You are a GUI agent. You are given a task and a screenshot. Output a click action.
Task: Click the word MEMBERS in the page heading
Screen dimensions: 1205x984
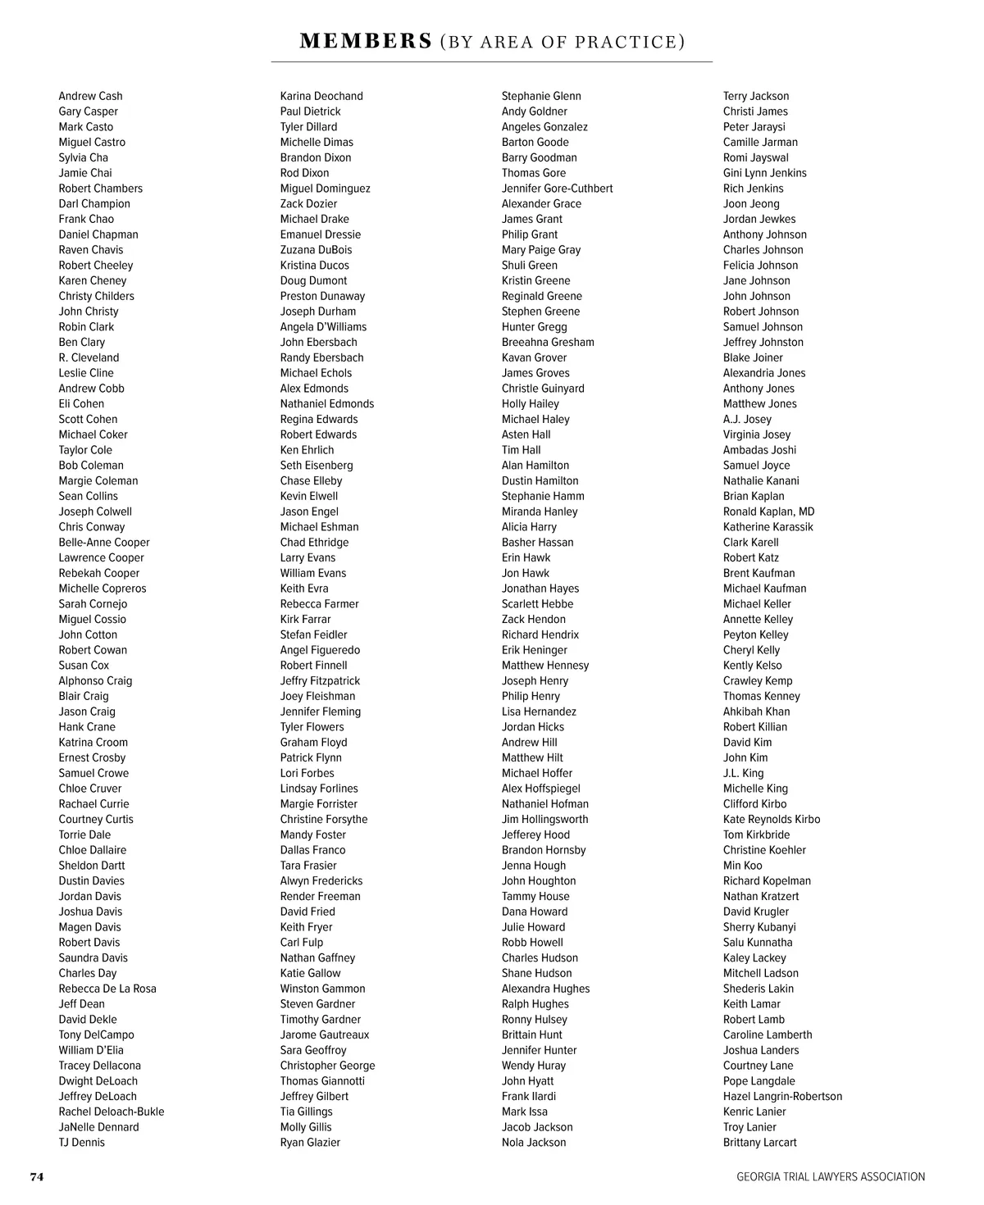[x=366, y=41]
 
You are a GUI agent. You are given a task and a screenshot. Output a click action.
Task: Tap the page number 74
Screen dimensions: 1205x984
[x=37, y=1176]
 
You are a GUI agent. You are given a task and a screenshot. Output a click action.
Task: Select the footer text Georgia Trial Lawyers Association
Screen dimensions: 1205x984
[x=830, y=1176]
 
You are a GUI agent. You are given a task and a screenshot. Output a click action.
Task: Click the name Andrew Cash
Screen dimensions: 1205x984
[x=90, y=96]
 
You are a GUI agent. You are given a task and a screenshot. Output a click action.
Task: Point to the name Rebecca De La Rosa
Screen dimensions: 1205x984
[x=107, y=989]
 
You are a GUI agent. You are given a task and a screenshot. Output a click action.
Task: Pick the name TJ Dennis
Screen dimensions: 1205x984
[x=81, y=1142]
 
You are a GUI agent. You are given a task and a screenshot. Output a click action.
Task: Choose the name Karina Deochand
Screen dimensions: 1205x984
[x=321, y=96]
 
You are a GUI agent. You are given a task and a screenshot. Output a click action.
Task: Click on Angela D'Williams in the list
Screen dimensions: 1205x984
[x=323, y=326]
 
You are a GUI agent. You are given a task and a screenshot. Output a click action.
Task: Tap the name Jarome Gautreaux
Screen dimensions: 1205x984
[x=325, y=1034]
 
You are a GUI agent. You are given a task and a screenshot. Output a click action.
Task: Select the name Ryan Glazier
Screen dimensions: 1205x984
[x=310, y=1142]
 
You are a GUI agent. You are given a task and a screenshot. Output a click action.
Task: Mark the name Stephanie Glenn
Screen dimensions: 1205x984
[x=541, y=96]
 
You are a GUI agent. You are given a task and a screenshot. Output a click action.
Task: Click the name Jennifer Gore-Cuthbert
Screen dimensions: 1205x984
[x=557, y=188]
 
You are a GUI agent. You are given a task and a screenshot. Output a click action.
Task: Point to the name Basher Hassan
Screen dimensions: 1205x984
[x=537, y=542]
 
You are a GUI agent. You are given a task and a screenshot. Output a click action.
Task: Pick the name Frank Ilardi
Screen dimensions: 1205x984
[x=528, y=1096]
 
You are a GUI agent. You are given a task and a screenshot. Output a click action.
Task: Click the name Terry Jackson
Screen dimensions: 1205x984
[x=756, y=96]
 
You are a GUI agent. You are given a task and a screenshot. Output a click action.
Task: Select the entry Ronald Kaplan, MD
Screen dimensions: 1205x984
[x=768, y=512]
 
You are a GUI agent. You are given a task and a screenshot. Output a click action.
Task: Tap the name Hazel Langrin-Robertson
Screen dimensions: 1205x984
[x=782, y=1096]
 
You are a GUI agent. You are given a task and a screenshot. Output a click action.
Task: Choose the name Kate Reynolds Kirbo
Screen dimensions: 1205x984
[x=771, y=819]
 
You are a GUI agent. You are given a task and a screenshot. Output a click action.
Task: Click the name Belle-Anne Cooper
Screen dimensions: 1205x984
[x=104, y=542]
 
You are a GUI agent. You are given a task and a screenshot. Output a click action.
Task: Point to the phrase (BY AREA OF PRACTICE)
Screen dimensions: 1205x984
[x=563, y=41]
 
